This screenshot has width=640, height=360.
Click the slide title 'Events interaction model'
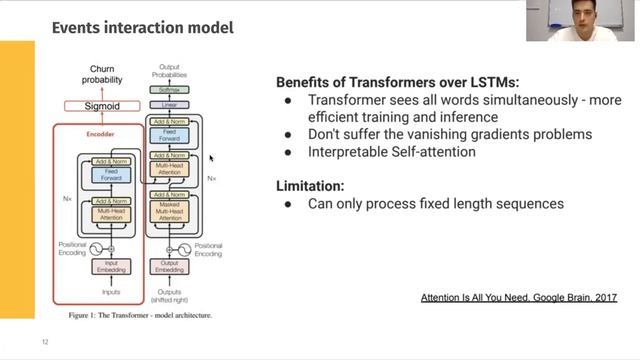142,27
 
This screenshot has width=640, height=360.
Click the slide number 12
45,342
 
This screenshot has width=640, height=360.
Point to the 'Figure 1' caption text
140,314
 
